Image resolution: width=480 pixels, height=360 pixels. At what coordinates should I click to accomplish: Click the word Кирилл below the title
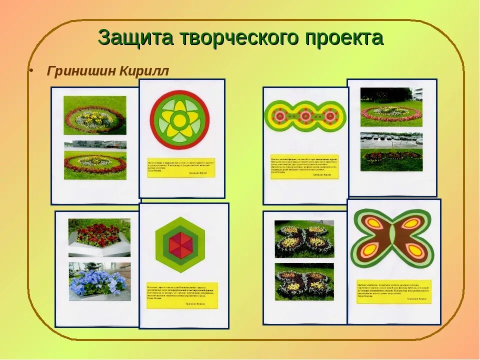tap(144, 71)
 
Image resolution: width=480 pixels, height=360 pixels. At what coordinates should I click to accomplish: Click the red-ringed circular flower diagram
tap(179, 120)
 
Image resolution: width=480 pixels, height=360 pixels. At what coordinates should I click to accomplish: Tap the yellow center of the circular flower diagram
tap(179, 120)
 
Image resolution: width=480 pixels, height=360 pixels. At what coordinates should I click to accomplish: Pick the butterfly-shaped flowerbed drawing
tap(392, 238)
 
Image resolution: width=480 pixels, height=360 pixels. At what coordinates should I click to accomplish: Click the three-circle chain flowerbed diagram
tap(305, 116)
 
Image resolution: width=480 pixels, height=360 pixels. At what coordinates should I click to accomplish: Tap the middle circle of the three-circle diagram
tap(305, 116)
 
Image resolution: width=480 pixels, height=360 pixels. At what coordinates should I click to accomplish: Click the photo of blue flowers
tap(99, 281)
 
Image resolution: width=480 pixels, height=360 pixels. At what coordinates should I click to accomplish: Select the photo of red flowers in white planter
tap(99, 237)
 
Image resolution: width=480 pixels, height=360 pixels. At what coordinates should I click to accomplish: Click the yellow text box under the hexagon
tap(182, 295)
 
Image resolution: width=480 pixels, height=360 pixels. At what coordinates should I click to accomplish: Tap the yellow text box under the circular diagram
tap(180, 168)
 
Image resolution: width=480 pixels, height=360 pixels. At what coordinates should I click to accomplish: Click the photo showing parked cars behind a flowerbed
tap(391, 152)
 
